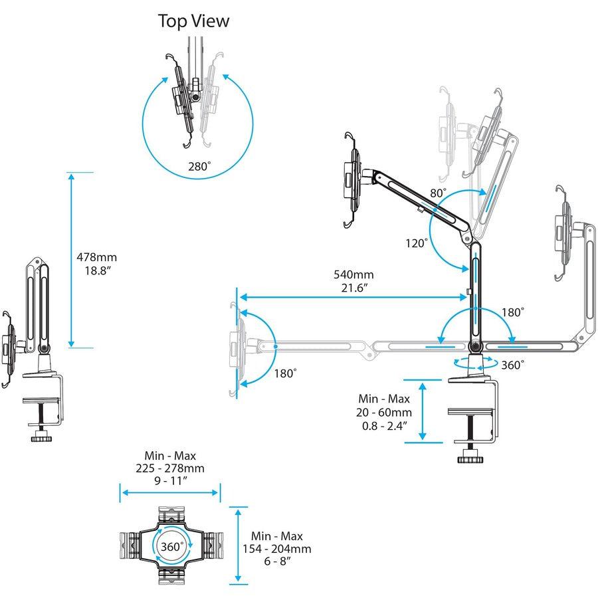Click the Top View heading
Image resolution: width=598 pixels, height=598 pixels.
point(193,21)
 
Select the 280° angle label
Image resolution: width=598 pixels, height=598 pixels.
point(199,167)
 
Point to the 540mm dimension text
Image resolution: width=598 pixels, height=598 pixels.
point(353,274)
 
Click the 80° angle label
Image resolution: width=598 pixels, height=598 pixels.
point(438,193)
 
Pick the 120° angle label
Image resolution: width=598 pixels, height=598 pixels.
point(417,243)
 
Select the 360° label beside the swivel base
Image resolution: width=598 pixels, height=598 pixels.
point(512,364)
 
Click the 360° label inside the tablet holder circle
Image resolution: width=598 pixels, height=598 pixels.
point(172,546)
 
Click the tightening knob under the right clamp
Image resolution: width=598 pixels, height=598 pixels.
point(471,458)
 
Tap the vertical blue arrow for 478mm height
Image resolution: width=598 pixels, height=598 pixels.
point(71,259)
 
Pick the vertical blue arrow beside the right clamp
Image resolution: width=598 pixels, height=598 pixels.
point(423,411)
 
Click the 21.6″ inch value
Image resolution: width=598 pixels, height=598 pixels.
point(353,287)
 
